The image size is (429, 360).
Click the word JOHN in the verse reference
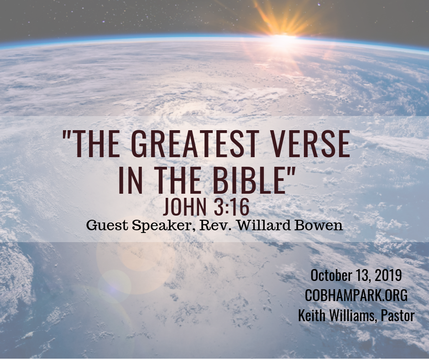pos(185,207)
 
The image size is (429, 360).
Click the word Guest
pos(107,226)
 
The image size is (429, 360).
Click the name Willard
pos(263,226)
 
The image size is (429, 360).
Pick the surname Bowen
pos(319,226)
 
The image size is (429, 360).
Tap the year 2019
pos(388,275)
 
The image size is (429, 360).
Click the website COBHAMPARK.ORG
pos(356,296)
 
